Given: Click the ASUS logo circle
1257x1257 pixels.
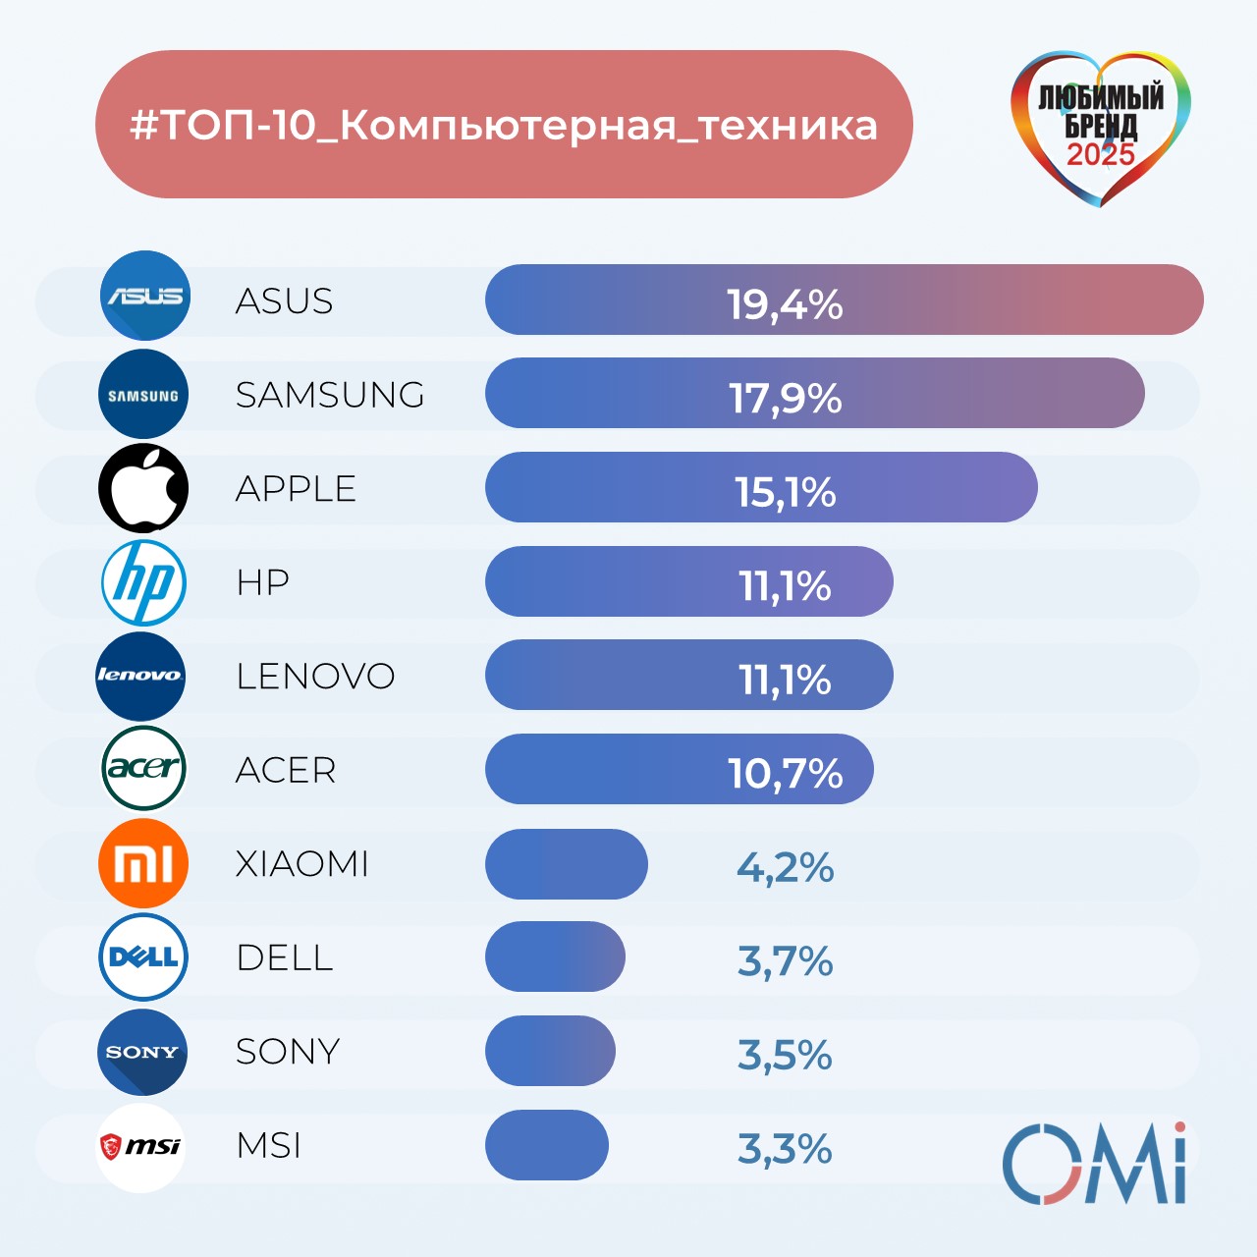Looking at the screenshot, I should [145, 296].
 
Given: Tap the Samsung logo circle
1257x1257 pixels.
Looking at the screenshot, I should [143, 394].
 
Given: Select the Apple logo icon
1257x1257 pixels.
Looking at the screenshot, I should [143, 488].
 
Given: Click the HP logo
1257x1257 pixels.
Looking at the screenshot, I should [143, 582].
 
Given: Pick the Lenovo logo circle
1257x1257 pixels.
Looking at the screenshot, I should [140, 676].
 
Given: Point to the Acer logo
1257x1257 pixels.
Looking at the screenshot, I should [143, 768].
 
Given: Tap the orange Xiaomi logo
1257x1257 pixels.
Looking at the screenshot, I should [143, 863].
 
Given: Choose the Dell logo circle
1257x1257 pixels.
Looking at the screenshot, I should [143, 957].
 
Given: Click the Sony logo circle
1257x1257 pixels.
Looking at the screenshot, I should [142, 1052].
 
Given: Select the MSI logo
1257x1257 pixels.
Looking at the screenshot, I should [141, 1146].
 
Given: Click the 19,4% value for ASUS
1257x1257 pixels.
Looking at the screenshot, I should [785, 304].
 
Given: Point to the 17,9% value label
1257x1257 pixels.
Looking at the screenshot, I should [785, 398].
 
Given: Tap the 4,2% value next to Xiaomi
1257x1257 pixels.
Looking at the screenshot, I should [785, 867].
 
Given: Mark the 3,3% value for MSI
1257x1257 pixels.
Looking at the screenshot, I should [785, 1149].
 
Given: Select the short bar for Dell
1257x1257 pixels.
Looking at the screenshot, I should [555, 957].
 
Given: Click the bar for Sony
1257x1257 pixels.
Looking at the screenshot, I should [550, 1051].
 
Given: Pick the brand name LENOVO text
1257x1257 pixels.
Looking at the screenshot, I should [315, 677].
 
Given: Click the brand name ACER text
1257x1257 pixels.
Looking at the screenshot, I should [286, 771].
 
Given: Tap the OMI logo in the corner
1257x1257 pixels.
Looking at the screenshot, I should [1094, 1165].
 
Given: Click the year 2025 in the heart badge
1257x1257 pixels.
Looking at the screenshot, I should [1101, 155].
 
